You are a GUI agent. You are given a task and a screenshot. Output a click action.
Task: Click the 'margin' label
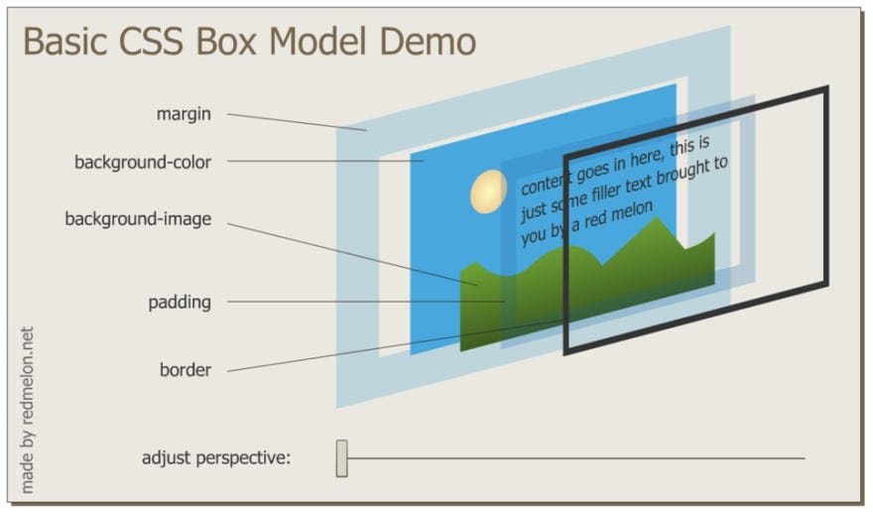coord(184,114)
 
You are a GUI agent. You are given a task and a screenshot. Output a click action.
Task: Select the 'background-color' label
coord(143,162)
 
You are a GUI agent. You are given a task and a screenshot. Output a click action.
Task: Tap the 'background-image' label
coord(138,219)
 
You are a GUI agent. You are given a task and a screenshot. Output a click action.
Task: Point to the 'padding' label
coord(180,302)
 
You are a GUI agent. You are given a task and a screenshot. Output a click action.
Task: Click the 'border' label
coord(186,370)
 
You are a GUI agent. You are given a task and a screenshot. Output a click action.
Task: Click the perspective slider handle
coord(342,457)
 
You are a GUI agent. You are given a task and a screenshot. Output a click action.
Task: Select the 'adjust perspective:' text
coord(216,458)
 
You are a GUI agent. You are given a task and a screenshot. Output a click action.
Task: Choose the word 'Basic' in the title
coord(65,42)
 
